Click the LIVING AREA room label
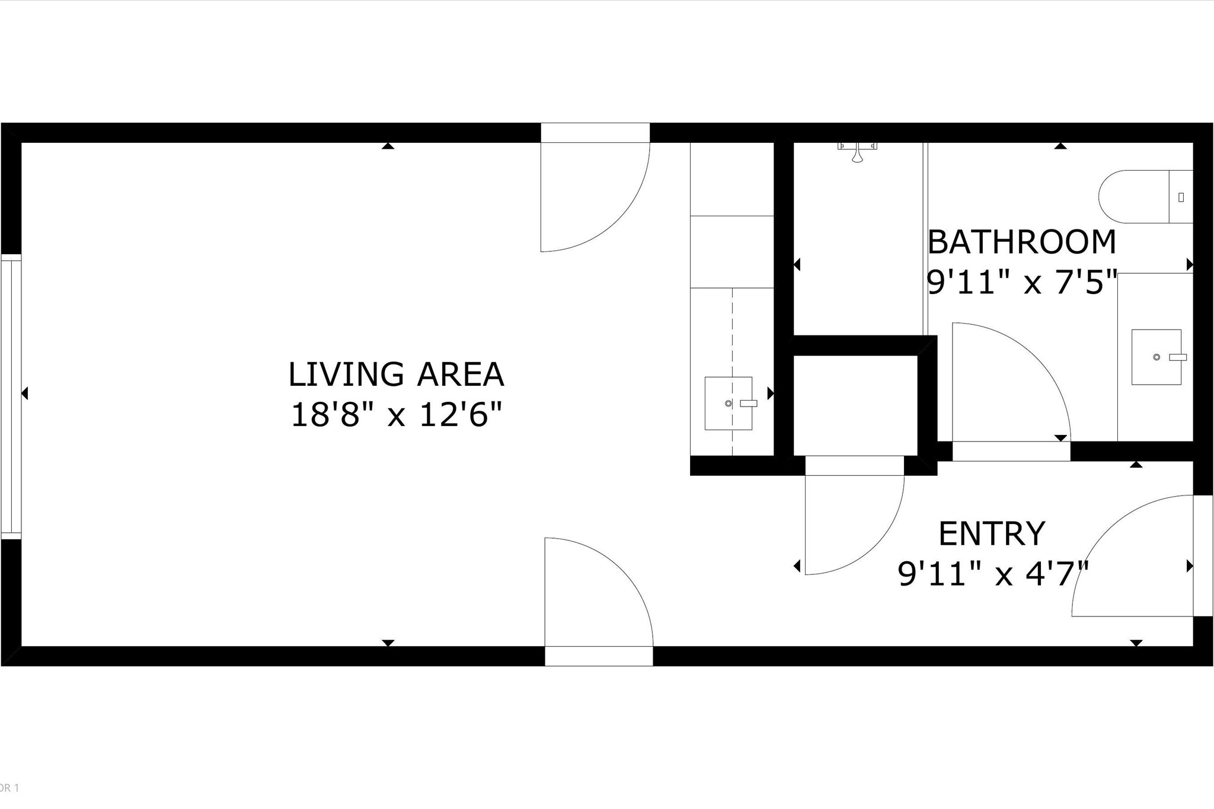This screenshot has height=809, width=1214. [395, 375]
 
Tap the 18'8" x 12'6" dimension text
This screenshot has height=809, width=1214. [395, 414]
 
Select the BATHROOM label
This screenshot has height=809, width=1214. [1021, 242]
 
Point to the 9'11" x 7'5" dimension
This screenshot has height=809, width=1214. [1021, 283]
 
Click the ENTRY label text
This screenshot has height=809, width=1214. [991, 533]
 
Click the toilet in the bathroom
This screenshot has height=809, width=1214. [1144, 197]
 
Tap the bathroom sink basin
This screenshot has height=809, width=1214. [1155, 357]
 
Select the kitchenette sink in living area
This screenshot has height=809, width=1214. [728, 403]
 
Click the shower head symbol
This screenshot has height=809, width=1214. [857, 153]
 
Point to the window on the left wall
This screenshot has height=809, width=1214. [11, 396]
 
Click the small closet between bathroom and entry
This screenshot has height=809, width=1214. [855, 405]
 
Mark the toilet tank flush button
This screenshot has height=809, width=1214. [1181, 197]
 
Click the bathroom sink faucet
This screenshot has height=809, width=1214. [1177, 357]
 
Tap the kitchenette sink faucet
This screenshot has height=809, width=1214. [749, 403]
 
